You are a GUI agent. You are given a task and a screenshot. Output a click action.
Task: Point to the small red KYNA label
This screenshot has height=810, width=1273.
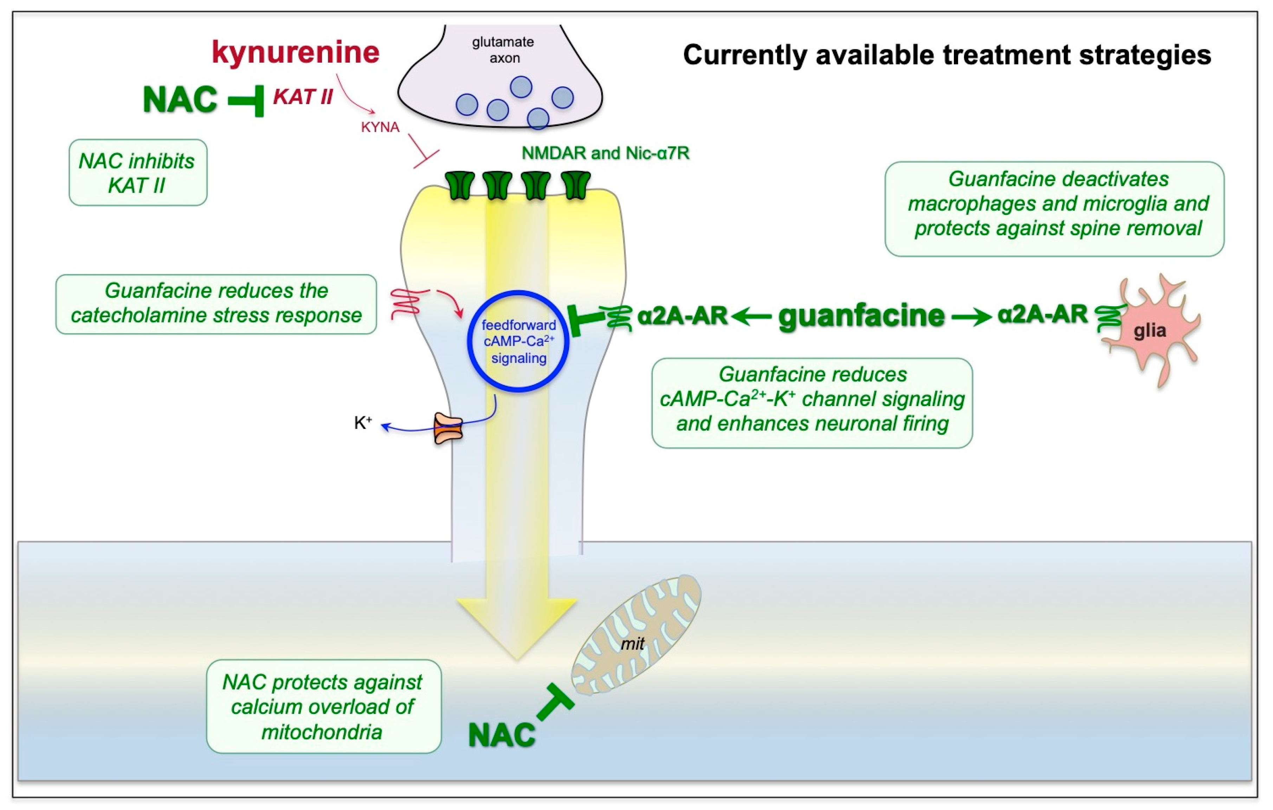[x=380, y=127]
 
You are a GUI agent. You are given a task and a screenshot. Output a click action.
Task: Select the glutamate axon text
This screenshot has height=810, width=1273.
[x=503, y=50]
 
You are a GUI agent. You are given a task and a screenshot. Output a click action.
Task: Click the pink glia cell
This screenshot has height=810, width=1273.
[x=1152, y=330]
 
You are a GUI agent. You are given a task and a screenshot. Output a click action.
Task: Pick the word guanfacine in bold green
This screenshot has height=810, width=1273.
[x=862, y=316]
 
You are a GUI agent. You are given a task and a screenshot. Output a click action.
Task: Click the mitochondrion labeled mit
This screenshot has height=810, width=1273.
[x=636, y=635]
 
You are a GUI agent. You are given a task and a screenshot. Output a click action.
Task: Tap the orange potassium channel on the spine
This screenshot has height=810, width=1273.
[x=448, y=428]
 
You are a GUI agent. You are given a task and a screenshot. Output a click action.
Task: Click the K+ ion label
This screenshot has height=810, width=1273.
[x=363, y=423]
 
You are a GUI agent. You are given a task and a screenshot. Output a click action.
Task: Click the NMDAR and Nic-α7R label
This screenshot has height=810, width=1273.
[x=605, y=153]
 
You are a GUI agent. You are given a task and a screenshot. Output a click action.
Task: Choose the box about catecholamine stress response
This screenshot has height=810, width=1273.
[x=216, y=304]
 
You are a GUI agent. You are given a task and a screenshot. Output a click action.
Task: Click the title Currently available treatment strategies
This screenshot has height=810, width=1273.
[x=947, y=55]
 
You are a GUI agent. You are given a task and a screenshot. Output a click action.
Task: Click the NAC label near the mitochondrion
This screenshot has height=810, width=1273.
[x=502, y=735]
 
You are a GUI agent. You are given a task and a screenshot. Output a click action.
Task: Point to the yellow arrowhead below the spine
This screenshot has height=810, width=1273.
[x=517, y=629]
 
